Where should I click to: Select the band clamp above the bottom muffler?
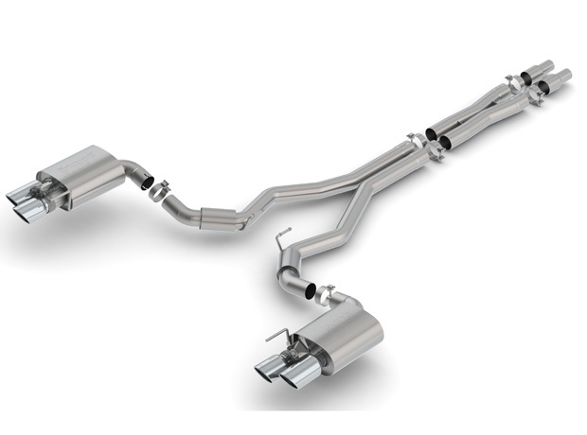324,292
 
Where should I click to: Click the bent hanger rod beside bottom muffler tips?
276,336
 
